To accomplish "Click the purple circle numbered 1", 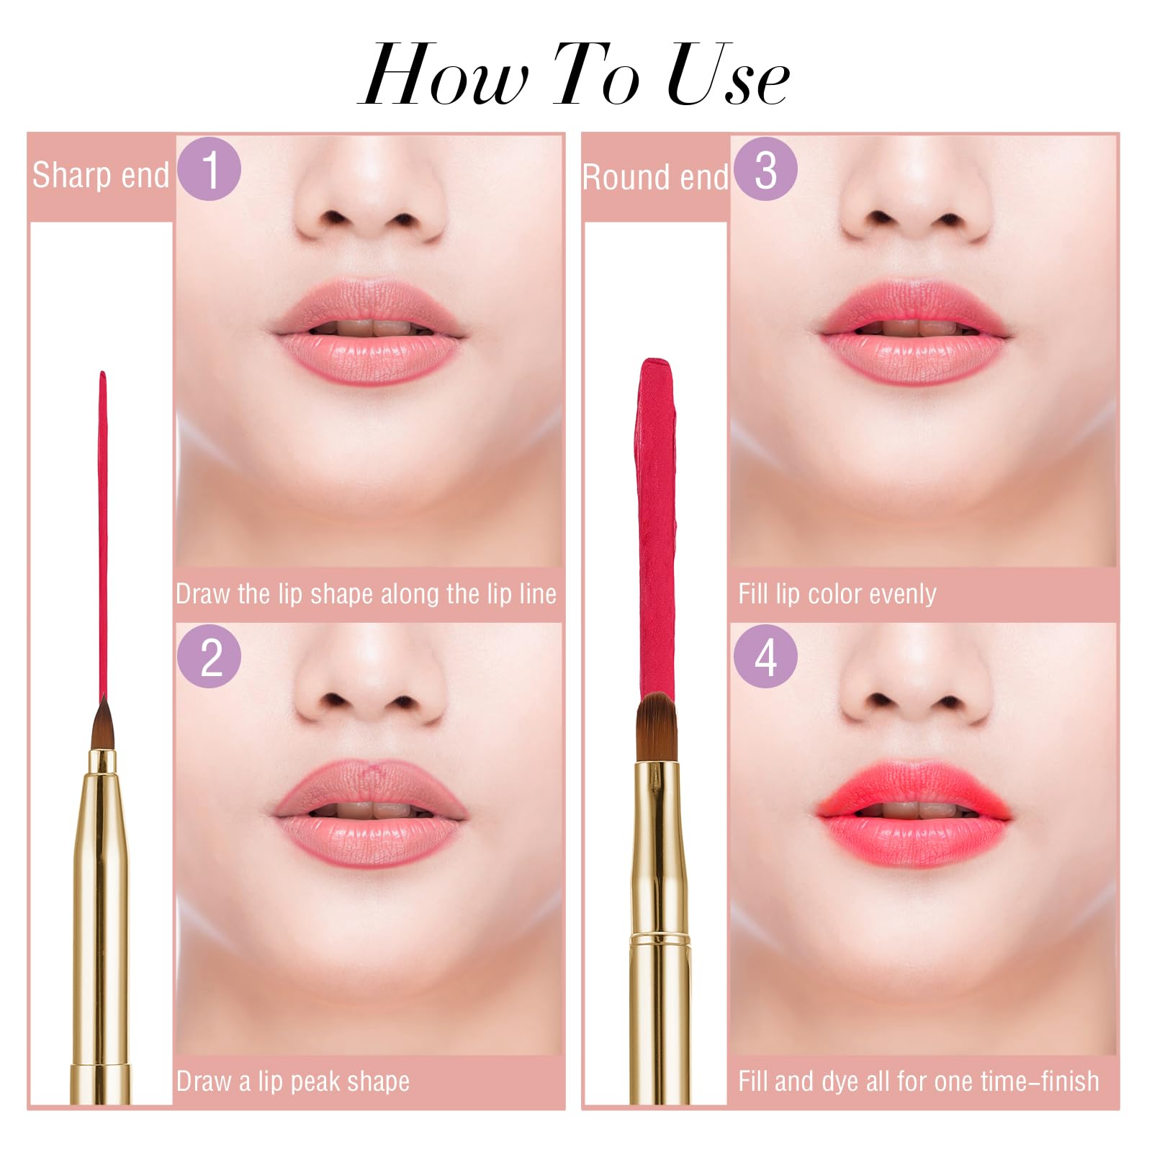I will coord(209,168).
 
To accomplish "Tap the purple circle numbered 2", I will coord(209,656).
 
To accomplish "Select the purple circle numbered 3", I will coord(765,168).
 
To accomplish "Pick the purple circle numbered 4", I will coord(765,656).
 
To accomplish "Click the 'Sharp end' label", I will coord(101,176).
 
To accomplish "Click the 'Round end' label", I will coord(655,177).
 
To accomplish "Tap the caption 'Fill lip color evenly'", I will coord(837,594).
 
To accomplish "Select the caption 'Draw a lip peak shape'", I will coord(293,1081).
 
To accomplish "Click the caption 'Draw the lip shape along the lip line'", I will coord(366,594).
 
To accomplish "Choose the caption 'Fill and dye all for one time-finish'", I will coord(918,1081).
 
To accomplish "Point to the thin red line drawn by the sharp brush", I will coord(102,533).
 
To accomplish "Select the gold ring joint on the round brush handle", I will coord(661,938).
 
